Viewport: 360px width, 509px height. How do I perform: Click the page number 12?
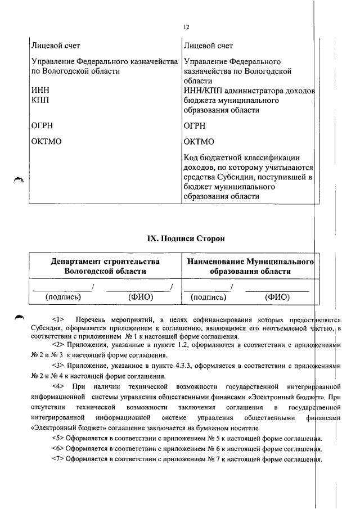click(186, 27)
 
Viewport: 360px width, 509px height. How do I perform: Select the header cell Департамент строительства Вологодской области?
click(105, 266)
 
